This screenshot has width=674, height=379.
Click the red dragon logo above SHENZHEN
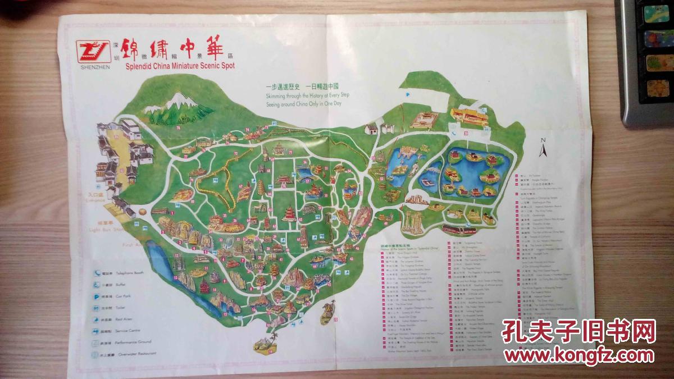92,51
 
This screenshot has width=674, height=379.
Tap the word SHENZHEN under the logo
92,66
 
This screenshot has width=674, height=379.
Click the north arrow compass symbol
543,147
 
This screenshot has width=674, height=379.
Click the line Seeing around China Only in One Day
304,103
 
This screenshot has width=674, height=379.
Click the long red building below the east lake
459,230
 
